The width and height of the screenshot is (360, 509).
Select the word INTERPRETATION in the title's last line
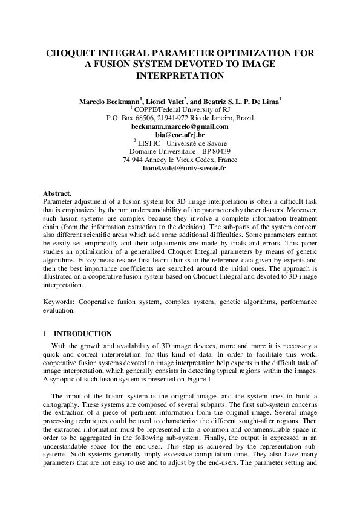[x=180, y=76]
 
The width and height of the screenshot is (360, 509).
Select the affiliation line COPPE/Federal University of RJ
[x=182, y=110]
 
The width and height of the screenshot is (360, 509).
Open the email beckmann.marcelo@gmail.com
[x=180, y=127]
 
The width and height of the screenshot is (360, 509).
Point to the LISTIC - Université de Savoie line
[x=181, y=144]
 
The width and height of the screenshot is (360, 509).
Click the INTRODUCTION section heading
[x=83, y=334]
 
